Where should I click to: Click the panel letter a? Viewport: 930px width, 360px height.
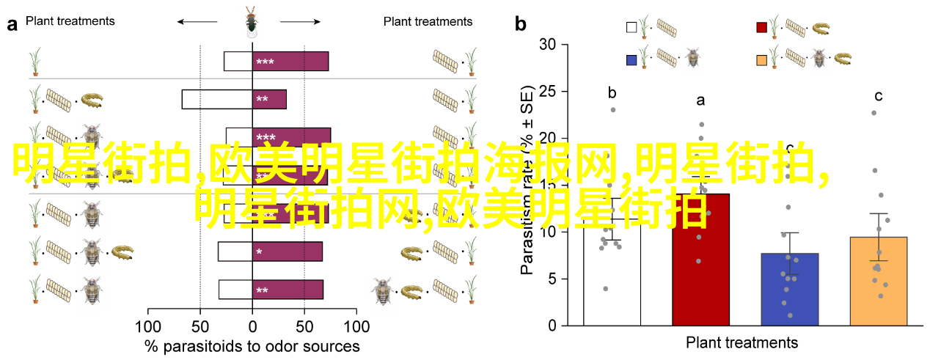tap(12, 25)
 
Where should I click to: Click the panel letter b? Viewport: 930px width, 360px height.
tap(521, 25)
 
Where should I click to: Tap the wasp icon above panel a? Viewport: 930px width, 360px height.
tap(252, 22)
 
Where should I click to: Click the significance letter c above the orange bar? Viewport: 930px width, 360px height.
tap(878, 96)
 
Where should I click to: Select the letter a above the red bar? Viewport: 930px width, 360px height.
tap(700, 100)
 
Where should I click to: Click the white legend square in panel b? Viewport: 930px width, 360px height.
tap(631, 28)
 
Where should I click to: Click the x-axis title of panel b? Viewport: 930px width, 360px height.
tap(742, 342)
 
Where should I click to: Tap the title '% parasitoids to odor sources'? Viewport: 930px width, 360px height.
tap(252, 346)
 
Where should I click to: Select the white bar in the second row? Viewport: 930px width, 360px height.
tap(217, 99)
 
